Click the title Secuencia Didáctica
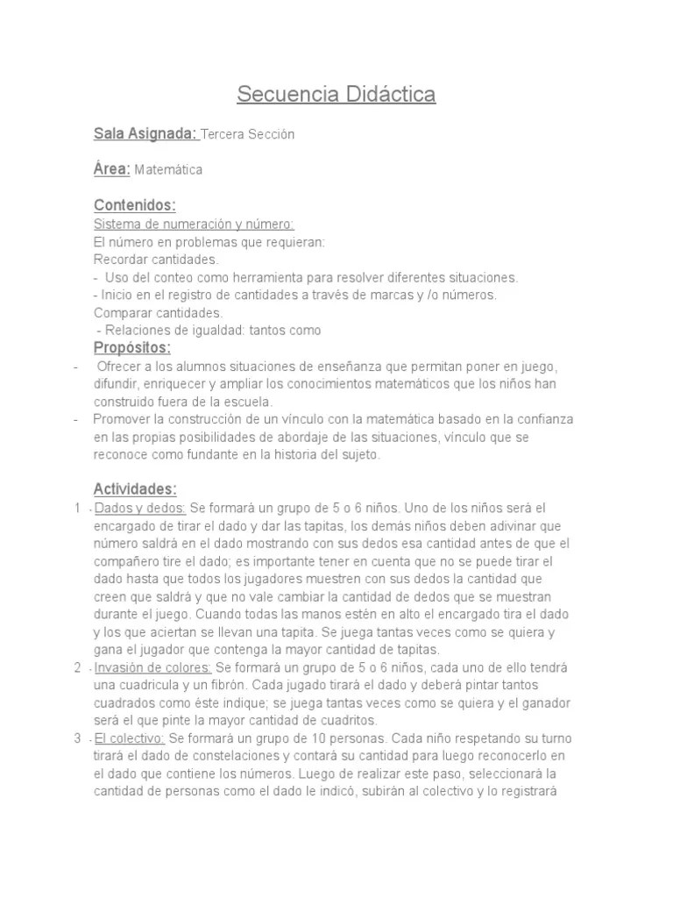336,94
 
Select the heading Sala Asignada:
145,134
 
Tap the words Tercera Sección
249,135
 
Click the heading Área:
111,169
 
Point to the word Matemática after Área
168,170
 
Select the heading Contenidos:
135,205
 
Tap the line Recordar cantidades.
156,260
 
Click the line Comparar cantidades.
159,312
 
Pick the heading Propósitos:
132,348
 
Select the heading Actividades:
135,488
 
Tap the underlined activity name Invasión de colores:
152,667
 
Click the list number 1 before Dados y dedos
78,508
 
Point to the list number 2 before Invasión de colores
78,667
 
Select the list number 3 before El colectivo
78,738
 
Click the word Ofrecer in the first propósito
117,366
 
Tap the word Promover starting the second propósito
122,419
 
